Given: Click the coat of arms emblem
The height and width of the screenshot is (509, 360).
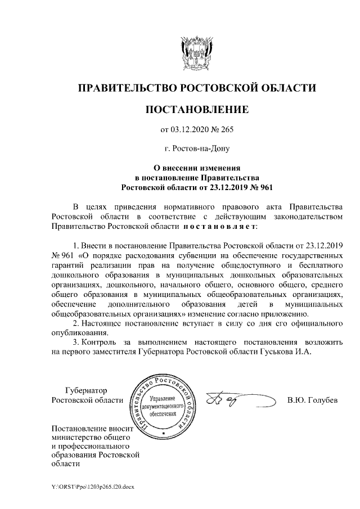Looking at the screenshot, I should tap(196, 51).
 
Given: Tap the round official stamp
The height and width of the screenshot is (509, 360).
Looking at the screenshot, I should tap(164, 406).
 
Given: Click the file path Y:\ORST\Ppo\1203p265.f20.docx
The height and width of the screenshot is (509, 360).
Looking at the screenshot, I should tap(92, 487).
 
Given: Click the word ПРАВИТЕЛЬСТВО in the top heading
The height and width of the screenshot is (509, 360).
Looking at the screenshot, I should tap(125, 88).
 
